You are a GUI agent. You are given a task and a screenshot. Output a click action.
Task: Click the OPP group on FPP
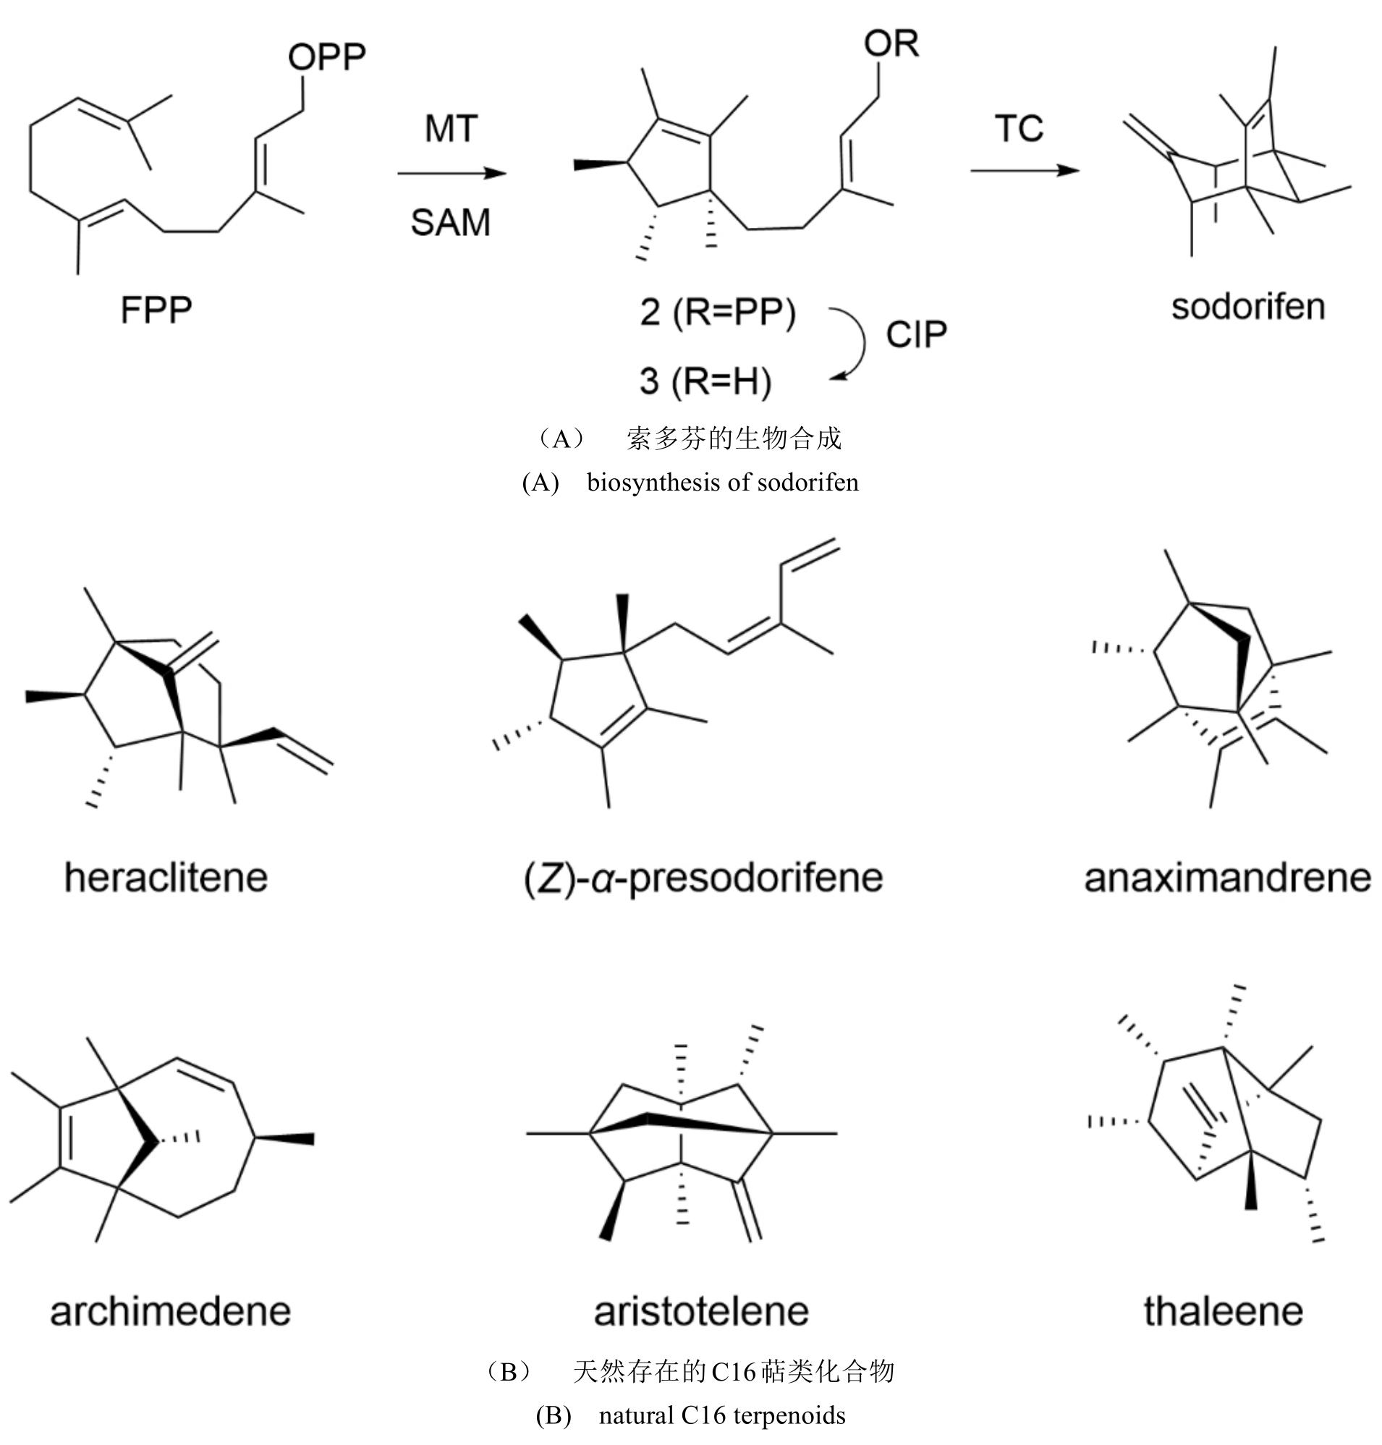(x=326, y=56)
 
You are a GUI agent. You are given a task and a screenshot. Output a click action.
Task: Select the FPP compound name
(x=156, y=310)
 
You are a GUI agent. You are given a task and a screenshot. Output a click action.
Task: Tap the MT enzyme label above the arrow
(x=451, y=129)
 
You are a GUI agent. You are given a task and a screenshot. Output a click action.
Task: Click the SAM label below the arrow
(x=450, y=223)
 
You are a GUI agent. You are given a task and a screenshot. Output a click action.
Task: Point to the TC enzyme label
(x=1019, y=129)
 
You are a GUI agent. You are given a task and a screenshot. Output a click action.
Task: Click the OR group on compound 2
(x=891, y=44)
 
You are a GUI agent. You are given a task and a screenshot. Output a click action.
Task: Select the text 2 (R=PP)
(x=718, y=313)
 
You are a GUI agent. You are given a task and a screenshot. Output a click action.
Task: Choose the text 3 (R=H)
(x=705, y=381)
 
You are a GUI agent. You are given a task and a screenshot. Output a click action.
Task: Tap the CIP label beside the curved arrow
(x=916, y=335)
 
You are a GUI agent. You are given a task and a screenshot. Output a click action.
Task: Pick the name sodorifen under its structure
(x=1248, y=308)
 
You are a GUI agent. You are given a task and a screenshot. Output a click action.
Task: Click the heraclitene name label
(x=166, y=878)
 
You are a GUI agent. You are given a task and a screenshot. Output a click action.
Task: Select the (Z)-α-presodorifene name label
(x=703, y=878)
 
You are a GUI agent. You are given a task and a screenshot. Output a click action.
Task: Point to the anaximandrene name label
(x=1227, y=878)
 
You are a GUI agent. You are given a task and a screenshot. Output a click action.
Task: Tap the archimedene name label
(x=170, y=1312)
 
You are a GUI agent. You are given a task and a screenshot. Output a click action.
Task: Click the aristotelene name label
(x=701, y=1312)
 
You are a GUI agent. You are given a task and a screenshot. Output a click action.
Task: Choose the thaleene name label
(x=1223, y=1312)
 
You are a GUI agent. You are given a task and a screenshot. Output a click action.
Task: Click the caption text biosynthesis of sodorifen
(x=722, y=483)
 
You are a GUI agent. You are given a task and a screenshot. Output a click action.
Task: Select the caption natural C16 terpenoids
(x=721, y=1415)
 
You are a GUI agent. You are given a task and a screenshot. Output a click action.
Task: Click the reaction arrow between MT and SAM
(x=452, y=174)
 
